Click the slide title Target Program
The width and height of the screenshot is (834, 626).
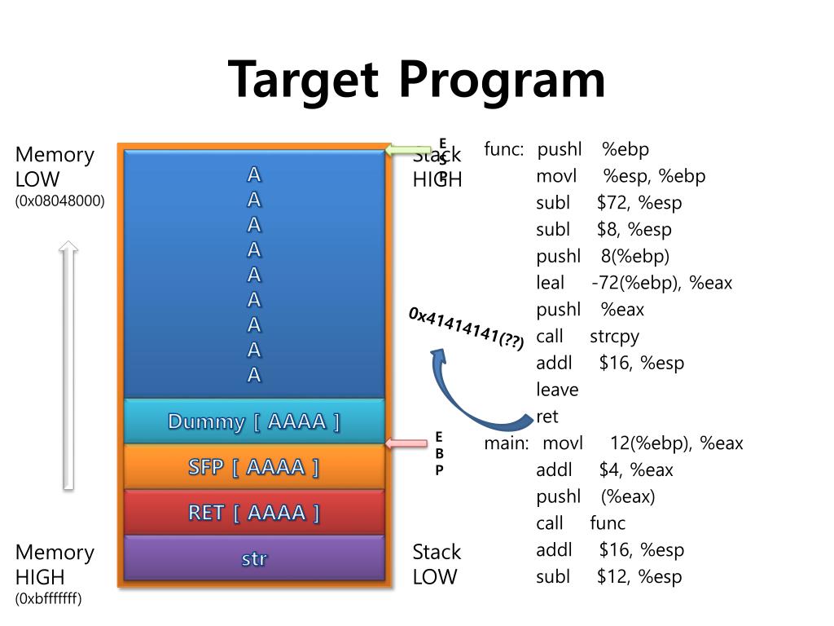(x=416, y=80)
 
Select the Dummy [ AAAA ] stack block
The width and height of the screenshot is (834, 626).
(x=253, y=421)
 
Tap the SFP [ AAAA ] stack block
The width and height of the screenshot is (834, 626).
(x=253, y=467)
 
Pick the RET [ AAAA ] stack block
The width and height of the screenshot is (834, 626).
(x=253, y=513)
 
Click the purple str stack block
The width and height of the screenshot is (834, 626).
(x=253, y=558)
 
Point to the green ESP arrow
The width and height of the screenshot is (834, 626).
(x=408, y=150)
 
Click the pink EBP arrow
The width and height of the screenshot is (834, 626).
(x=406, y=443)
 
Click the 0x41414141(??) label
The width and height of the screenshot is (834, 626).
(x=467, y=329)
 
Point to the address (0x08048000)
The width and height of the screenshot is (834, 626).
(x=60, y=201)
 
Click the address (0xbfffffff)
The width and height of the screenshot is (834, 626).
(x=49, y=599)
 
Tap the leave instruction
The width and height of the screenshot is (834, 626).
(x=557, y=390)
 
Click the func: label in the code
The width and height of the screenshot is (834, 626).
(x=503, y=149)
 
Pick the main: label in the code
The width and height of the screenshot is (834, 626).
(x=507, y=443)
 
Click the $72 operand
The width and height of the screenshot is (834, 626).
(x=611, y=203)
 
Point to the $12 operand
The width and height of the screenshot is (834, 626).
(x=612, y=577)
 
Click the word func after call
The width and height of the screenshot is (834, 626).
(x=608, y=523)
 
